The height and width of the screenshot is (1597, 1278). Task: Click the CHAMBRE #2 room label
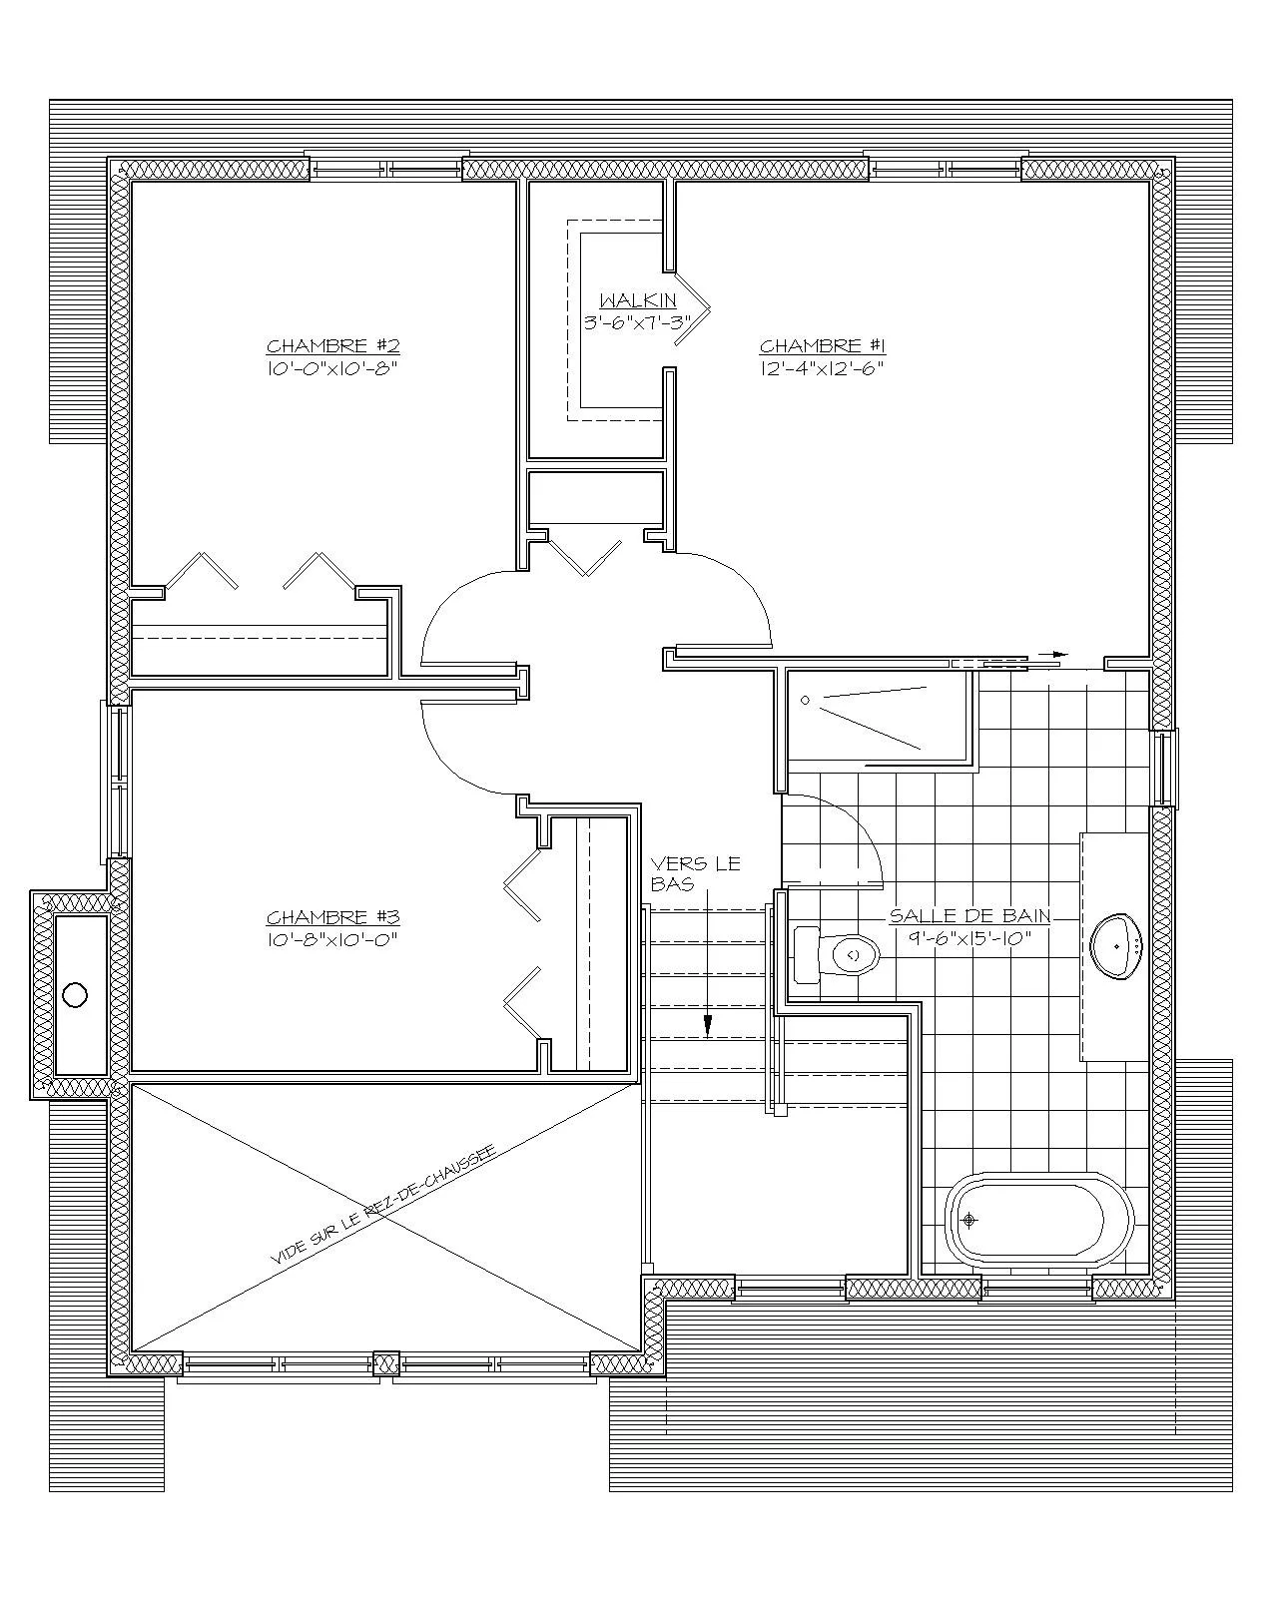[x=332, y=345]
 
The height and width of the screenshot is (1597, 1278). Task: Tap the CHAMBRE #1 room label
[x=822, y=345]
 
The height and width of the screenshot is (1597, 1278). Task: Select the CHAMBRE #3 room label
[x=332, y=917]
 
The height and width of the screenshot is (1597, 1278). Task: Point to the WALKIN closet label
[x=638, y=300]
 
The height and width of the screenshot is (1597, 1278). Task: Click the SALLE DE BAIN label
[x=969, y=915]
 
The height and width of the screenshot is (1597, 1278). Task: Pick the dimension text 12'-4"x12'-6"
[x=822, y=368]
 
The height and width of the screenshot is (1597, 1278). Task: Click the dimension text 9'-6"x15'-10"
[x=969, y=938]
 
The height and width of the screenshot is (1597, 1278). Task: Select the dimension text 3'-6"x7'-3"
[x=638, y=322]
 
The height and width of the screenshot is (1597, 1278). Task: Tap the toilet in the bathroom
[x=836, y=954]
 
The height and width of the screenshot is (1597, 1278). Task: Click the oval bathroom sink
[x=1115, y=947]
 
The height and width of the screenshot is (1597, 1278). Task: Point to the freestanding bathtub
[x=1039, y=1221]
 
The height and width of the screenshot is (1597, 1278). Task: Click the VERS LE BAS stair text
[x=695, y=873]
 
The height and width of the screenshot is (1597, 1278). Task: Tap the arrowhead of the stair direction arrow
[x=708, y=1026]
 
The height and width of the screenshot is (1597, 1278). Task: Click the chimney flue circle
[x=75, y=994]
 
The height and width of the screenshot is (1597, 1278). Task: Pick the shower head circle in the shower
[x=805, y=700]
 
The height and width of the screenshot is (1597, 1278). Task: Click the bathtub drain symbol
[x=969, y=1220]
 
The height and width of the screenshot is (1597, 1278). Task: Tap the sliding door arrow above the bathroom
[x=1053, y=655]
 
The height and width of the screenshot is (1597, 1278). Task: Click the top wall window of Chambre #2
[x=385, y=168]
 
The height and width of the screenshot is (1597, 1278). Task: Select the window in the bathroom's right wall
[x=1163, y=768]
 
